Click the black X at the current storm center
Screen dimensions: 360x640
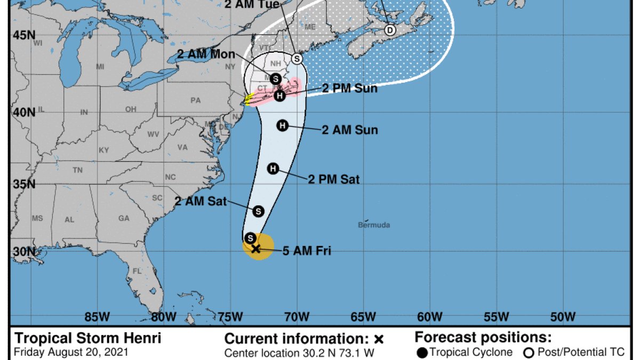[x=255, y=249]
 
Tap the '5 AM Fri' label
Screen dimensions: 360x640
[x=307, y=250]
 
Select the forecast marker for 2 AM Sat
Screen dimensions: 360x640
[x=258, y=211]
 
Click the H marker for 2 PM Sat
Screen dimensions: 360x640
[x=273, y=169]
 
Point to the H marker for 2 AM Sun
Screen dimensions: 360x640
[x=283, y=125]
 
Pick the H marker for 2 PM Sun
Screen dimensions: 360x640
[x=280, y=95]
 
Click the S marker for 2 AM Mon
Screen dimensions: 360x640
[x=275, y=78]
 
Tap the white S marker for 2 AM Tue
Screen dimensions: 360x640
[x=297, y=58]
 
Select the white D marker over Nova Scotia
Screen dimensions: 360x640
[x=390, y=30]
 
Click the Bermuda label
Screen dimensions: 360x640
[x=373, y=225]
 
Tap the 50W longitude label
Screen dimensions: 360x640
[x=563, y=317]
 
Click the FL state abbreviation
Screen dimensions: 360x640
[x=137, y=271]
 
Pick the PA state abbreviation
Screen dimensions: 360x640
[x=195, y=100]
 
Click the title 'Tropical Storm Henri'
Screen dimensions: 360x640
[x=87, y=338]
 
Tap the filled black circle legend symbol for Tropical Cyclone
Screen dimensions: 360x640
[x=422, y=353]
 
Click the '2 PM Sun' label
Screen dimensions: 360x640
[x=349, y=89]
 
